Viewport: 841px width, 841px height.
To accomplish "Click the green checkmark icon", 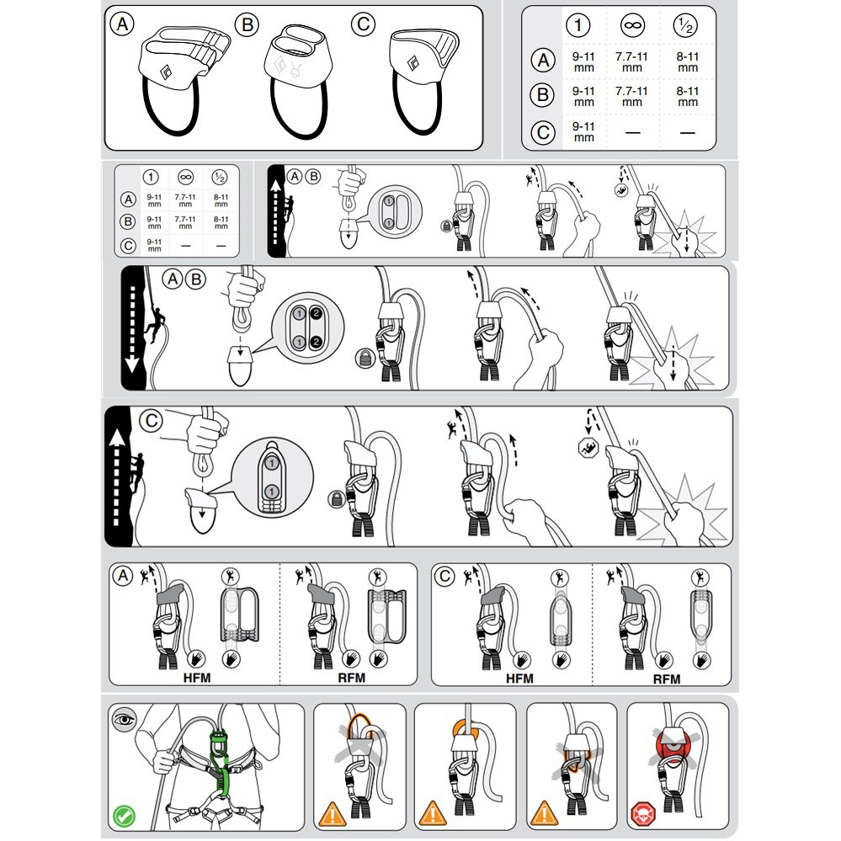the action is tap(124, 817).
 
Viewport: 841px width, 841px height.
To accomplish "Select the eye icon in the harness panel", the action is tap(125, 719).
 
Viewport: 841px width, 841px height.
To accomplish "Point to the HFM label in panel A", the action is tap(197, 678).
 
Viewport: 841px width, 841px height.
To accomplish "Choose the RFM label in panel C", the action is tap(667, 679).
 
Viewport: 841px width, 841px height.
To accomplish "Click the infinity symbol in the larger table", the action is tap(632, 24).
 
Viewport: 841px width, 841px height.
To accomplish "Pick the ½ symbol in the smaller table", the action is tap(220, 177).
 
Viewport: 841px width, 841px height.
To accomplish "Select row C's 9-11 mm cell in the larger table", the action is tap(583, 132).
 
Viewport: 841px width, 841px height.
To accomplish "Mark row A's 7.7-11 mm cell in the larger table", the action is tap(632, 62).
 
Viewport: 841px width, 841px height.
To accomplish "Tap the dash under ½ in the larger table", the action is tap(688, 132).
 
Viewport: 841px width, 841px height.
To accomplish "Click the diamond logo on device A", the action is tap(167, 71).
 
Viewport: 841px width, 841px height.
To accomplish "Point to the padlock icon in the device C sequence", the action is tap(336, 499).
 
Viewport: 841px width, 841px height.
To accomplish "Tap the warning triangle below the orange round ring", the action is tap(433, 813).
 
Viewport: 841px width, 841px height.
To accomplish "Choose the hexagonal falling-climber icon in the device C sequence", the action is tap(589, 447).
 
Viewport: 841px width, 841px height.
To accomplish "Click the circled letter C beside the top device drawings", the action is tap(363, 24).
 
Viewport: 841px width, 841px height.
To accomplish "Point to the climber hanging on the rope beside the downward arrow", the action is tap(156, 322).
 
